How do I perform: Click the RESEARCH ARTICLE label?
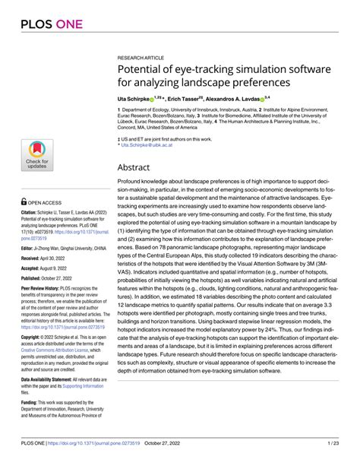coord(142,57)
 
